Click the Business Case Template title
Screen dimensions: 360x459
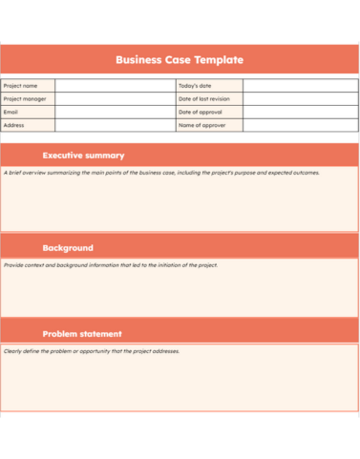[x=180, y=59]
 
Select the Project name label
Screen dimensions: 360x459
[x=21, y=86]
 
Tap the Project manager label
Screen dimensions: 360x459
[x=25, y=98]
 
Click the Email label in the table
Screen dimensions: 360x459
[x=11, y=112]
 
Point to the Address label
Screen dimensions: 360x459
[x=14, y=125]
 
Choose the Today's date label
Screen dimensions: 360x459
[x=195, y=86]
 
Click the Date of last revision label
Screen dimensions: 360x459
[x=203, y=98]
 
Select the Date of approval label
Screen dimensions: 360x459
[x=200, y=112]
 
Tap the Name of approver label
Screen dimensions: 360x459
[x=201, y=125]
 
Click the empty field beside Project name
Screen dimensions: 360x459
[x=115, y=86]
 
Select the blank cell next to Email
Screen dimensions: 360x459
[x=115, y=112]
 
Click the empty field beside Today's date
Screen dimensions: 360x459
[x=300, y=86]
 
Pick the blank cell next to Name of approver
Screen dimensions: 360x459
[x=300, y=125]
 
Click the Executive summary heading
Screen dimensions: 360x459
[x=84, y=155]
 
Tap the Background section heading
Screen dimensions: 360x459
[x=68, y=247]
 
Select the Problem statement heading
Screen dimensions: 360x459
[x=82, y=334]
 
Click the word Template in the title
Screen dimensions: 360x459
[x=219, y=59]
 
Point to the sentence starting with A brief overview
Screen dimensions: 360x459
[x=162, y=173]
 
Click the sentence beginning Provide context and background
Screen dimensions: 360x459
[x=111, y=264]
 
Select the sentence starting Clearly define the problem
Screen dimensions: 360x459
[x=92, y=350]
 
